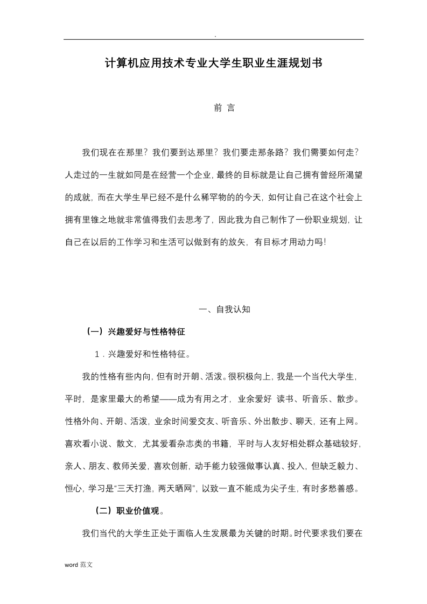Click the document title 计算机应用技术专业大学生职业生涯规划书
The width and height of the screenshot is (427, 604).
coord(213,64)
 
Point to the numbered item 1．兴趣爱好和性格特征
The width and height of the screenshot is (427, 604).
coord(142,354)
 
